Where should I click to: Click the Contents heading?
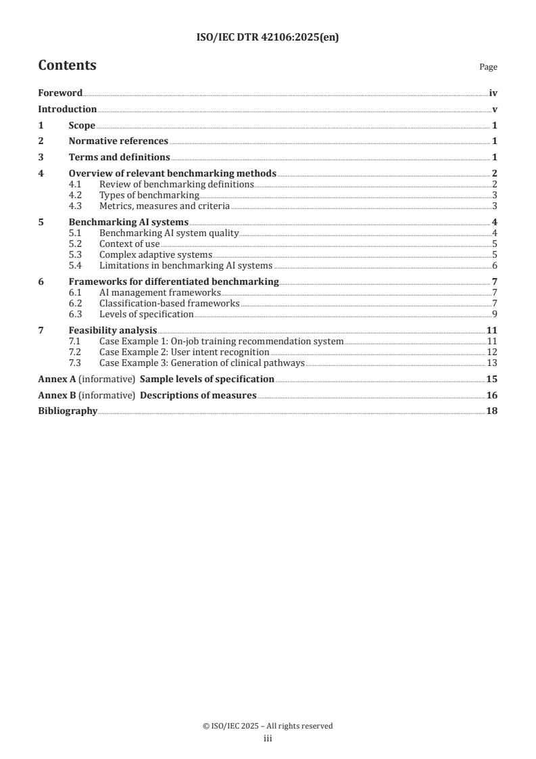coord(67,66)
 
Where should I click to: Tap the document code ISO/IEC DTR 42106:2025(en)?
coord(268,38)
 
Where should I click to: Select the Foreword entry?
coord(60,93)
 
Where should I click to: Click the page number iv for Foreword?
coord(493,93)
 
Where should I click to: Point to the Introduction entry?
coord(67,109)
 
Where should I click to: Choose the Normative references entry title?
coord(118,141)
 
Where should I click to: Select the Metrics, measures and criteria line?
coord(164,206)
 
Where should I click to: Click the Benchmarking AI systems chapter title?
coord(128,222)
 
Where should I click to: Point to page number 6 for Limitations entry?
coord(495,265)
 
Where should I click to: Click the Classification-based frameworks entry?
coord(169,303)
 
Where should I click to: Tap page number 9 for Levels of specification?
coord(495,314)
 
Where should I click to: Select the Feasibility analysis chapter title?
coord(113,330)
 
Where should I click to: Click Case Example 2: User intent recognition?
coord(184,352)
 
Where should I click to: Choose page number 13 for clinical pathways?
coord(492,363)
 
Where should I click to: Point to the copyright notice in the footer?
coord(268,726)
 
